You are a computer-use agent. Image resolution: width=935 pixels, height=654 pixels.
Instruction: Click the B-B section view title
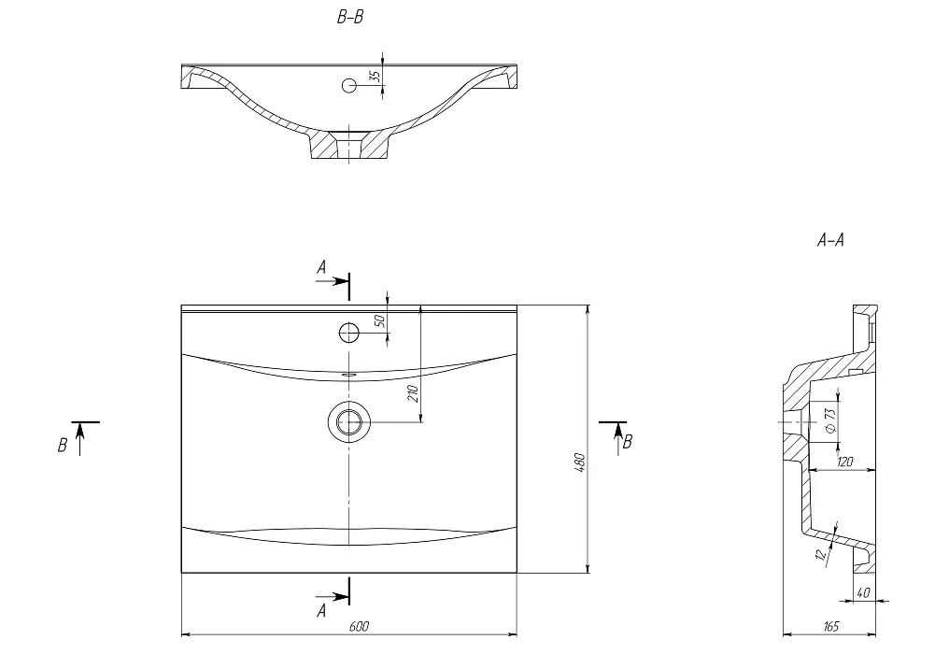pos(350,18)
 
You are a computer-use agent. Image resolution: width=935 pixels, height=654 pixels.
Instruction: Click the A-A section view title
pos(830,240)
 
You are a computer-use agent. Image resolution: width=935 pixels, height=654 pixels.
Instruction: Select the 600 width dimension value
pos(359,626)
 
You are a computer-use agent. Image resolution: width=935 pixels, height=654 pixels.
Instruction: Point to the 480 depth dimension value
pos(580,463)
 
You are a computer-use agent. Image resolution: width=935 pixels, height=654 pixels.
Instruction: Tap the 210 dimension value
pos(413,393)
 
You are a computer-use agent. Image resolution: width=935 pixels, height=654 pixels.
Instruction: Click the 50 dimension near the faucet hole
pos(380,320)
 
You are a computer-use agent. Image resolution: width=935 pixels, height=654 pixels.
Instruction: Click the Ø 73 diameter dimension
pos(830,420)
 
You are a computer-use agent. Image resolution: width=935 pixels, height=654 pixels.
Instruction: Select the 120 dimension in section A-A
pos(845,462)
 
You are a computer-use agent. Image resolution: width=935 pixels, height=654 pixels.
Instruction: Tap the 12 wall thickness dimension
pos(822,554)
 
